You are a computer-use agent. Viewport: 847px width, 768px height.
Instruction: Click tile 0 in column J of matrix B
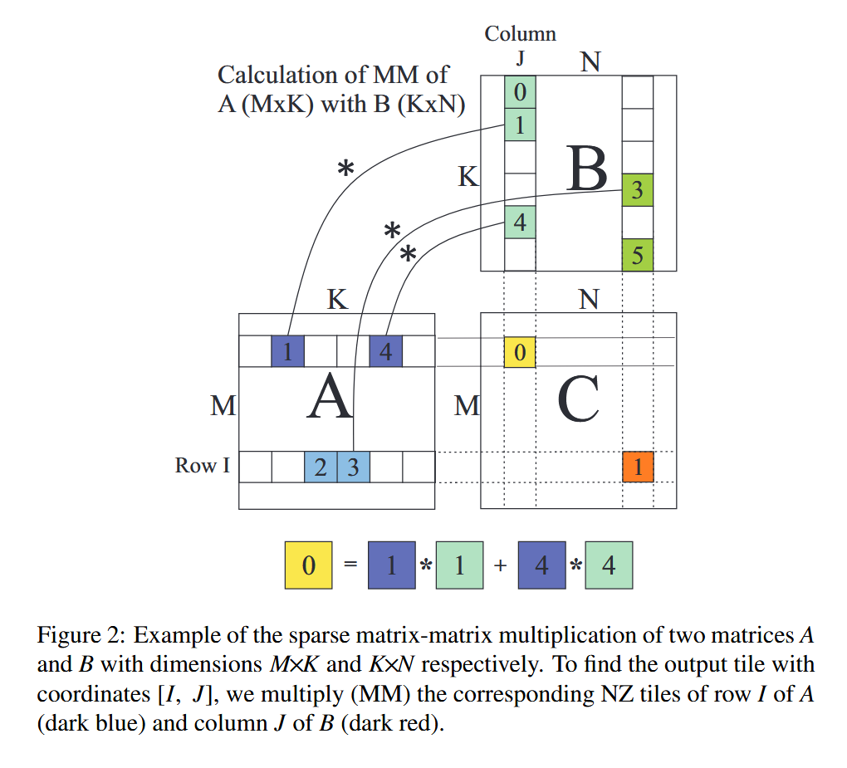[520, 91]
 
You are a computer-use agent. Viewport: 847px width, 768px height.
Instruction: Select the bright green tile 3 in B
[637, 190]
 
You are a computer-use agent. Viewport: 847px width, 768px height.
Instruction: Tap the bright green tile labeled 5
[637, 254]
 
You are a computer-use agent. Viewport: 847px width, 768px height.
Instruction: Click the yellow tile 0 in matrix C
[520, 352]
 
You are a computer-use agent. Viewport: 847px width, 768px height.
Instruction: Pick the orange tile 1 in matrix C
[637, 467]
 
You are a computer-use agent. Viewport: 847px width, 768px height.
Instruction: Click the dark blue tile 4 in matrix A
[385, 352]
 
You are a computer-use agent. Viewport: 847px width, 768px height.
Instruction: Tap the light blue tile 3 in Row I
[353, 467]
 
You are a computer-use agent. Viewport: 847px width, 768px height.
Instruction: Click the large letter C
[578, 399]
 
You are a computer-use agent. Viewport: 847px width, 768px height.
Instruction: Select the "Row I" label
[202, 466]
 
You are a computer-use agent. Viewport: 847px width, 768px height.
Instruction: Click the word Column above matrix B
[520, 33]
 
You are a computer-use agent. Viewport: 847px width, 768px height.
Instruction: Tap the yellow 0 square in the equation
[308, 565]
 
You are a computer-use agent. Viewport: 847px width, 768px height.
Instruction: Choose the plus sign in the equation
[499, 565]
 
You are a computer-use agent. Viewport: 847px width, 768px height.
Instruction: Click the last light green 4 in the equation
[609, 565]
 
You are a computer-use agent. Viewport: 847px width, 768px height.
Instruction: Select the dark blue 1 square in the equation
[391, 565]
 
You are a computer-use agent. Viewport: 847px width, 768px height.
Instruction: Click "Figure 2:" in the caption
[81, 636]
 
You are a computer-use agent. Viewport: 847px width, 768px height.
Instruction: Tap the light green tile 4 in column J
[520, 223]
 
